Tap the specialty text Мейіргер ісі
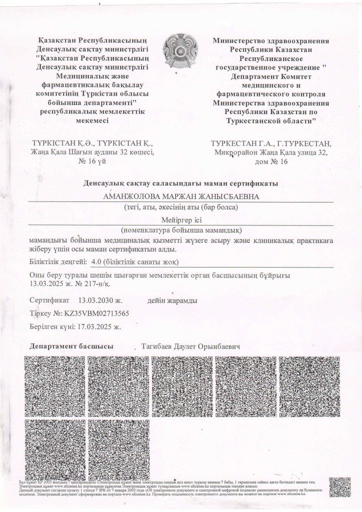[181, 220]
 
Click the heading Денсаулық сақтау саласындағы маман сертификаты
[181, 184]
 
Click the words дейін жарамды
[172, 301]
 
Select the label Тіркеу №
[43, 314]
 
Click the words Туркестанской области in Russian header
[270, 121]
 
